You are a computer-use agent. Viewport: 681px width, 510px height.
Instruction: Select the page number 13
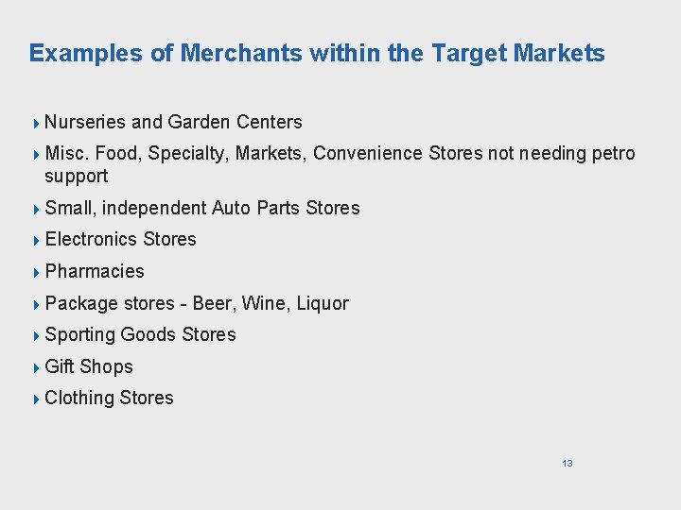pyautogui.click(x=567, y=463)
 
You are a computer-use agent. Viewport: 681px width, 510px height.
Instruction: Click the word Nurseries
pyautogui.click(x=85, y=122)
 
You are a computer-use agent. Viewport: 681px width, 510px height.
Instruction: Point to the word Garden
pyautogui.click(x=200, y=122)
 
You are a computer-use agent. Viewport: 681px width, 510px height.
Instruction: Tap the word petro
pyautogui.click(x=614, y=153)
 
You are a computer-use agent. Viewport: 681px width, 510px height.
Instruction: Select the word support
pyautogui.click(x=77, y=177)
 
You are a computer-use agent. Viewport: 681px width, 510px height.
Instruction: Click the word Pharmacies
pyautogui.click(x=95, y=272)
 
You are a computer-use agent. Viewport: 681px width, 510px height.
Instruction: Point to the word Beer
pyautogui.click(x=214, y=303)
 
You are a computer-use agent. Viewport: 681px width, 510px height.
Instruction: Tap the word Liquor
pyautogui.click(x=323, y=303)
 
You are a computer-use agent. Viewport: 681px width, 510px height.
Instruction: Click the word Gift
pyautogui.click(x=60, y=366)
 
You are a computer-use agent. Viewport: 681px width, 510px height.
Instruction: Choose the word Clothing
pyautogui.click(x=79, y=399)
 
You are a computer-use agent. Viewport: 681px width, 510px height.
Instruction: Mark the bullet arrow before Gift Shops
pyautogui.click(x=36, y=367)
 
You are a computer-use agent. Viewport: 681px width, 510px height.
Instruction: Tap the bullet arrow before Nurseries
pyautogui.click(x=36, y=123)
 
